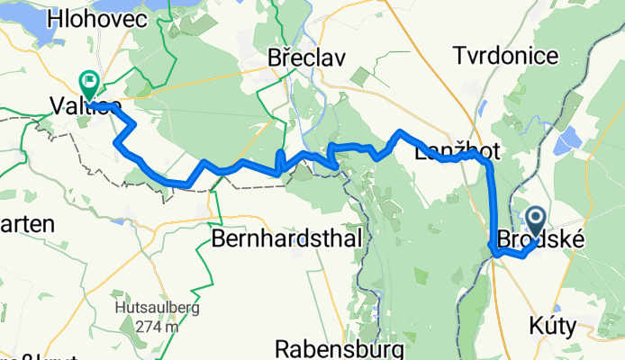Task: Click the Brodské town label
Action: coord(537,241)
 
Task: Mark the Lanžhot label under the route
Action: coord(453,153)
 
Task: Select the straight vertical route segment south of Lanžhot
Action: coord(492,202)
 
